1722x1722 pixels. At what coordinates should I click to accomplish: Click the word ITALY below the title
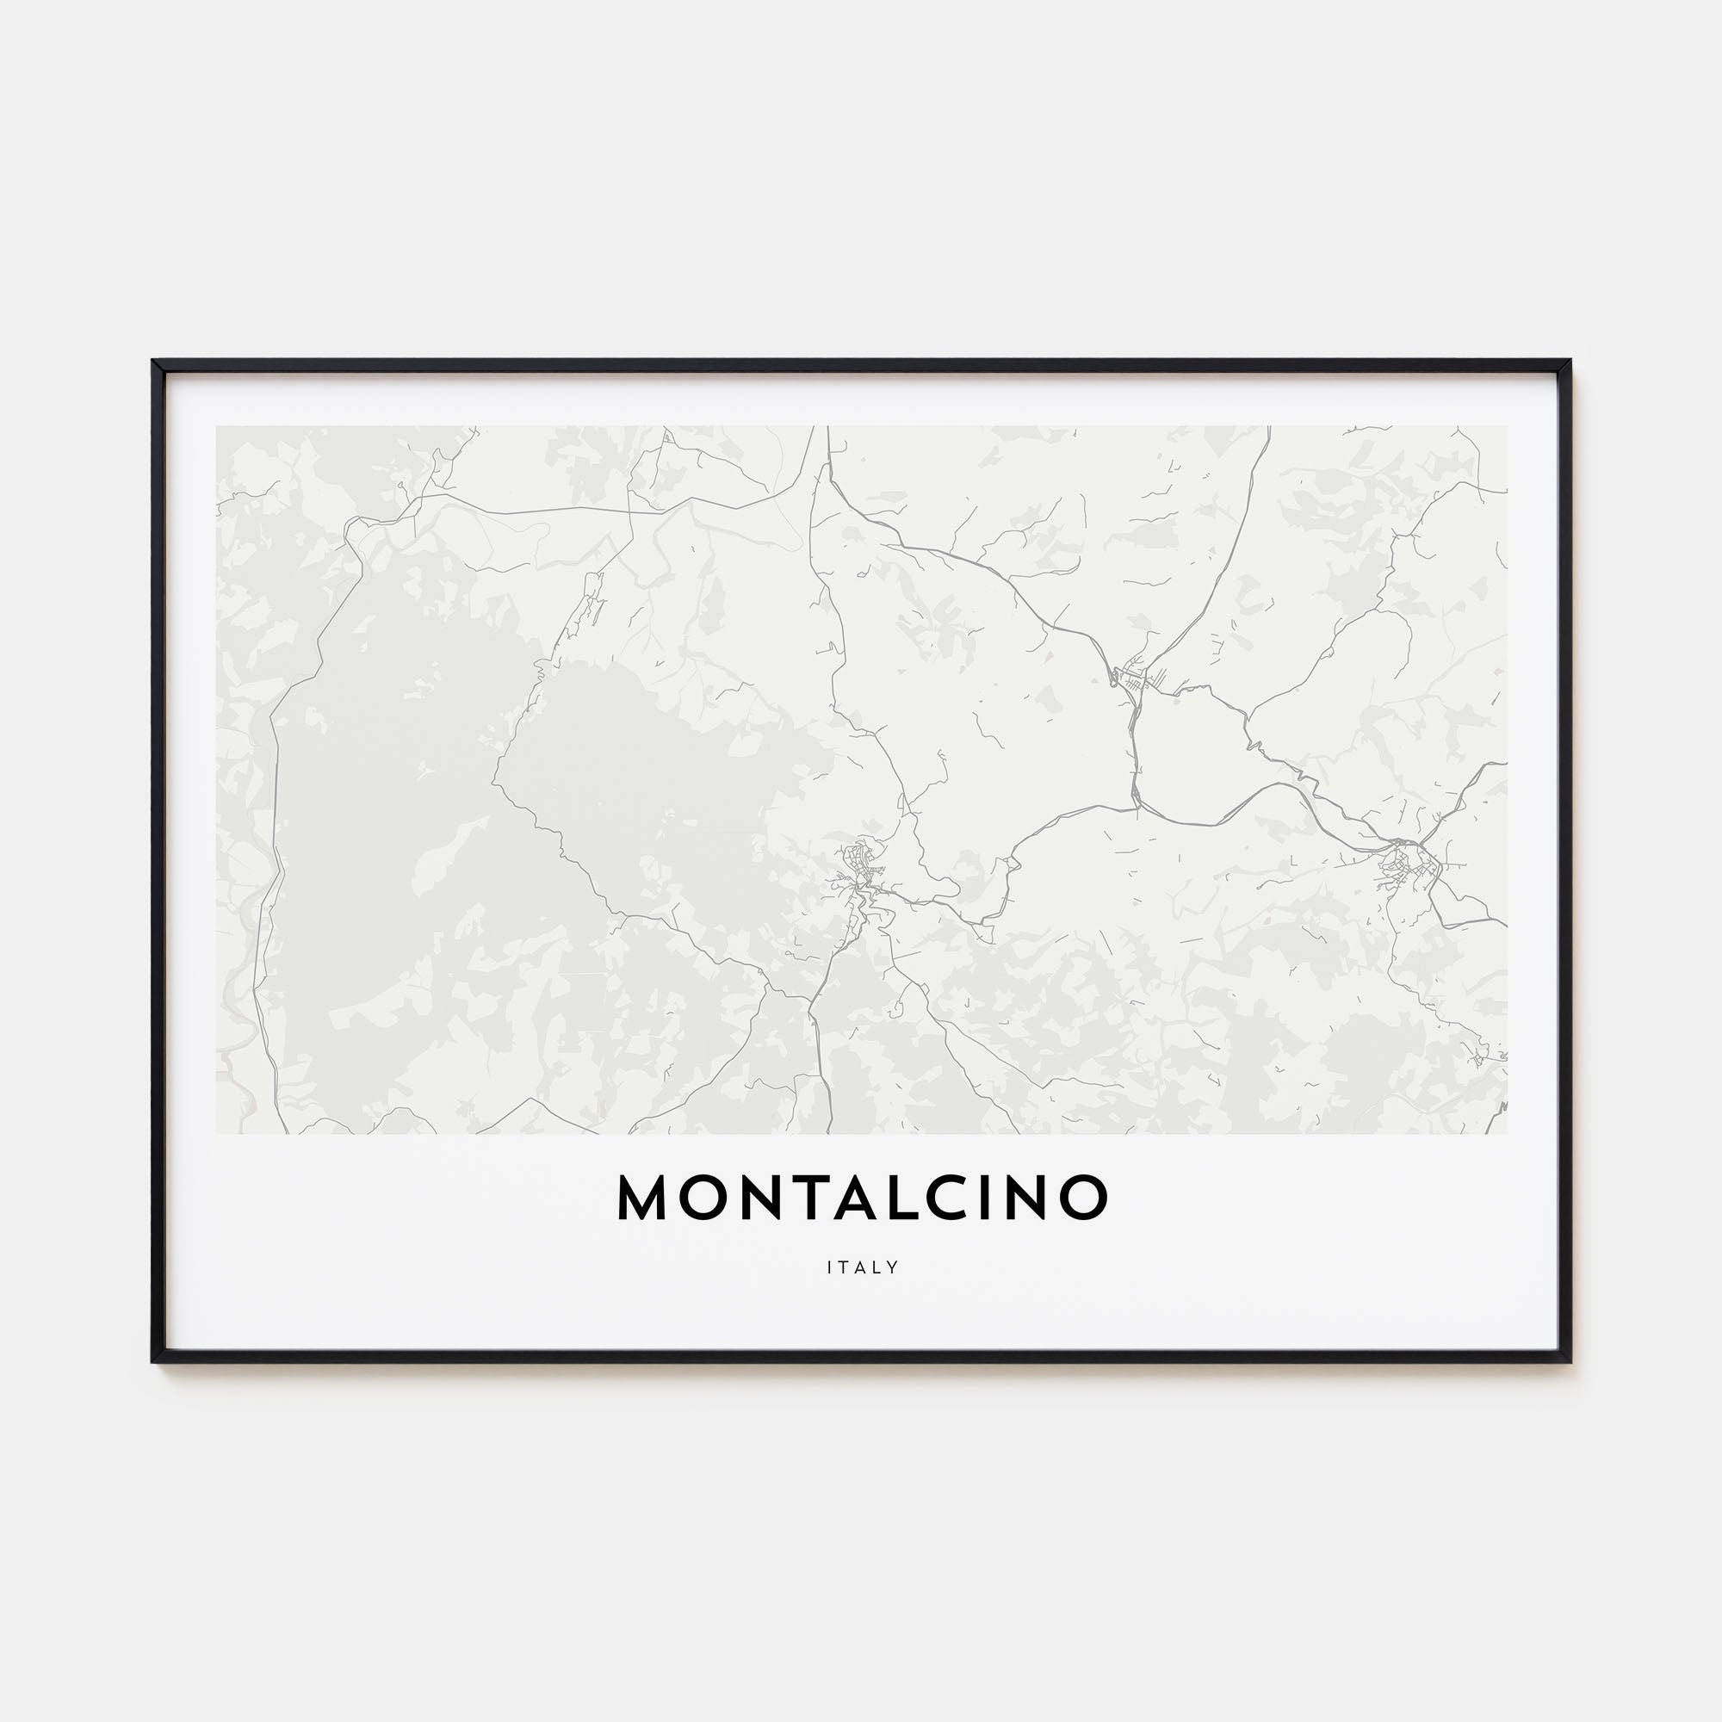click(862, 1267)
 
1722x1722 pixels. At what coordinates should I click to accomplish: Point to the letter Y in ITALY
click(893, 1267)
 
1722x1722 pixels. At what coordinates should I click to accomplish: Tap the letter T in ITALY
click(845, 1267)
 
